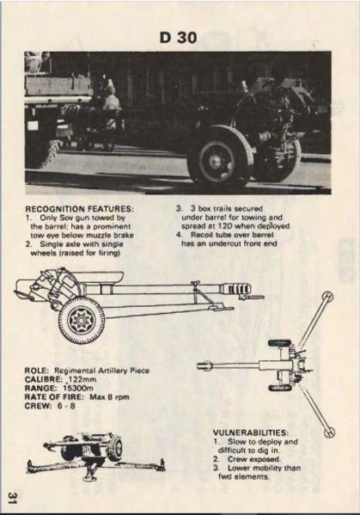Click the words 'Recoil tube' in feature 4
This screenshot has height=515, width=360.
pos(206,235)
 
